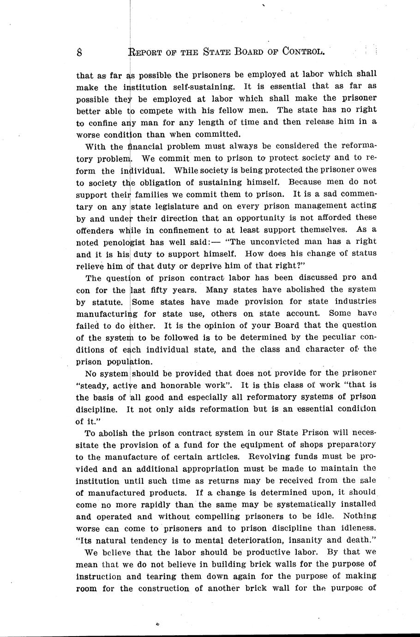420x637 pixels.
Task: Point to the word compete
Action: [155, 110]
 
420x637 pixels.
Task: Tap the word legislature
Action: [180, 206]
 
